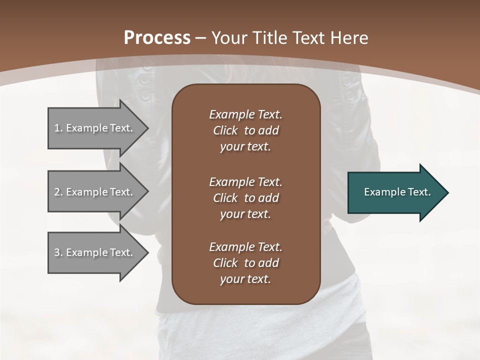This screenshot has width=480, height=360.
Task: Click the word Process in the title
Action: pyautogui.click(x=157, y=37)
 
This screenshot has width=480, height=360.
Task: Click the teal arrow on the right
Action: pyautogui.click(x=395, y=192)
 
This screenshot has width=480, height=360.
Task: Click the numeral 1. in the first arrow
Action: pyautogui.click(x=58, y=128)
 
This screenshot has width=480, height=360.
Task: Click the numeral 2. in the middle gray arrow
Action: pyautogui.click(x=58, y=192)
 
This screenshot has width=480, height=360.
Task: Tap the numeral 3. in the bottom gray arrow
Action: pyautogui.click(x=58, y=252)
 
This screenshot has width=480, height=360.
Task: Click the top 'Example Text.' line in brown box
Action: pyautogui.click(x=245, y=114)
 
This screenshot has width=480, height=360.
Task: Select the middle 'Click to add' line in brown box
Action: pyautogui.click(x=245, y=198)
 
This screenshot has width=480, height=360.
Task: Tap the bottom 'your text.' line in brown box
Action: pyautogui.click(x=245, y=279)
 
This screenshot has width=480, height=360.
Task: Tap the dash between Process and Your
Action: pyautogui.click(x=200, y=38)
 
